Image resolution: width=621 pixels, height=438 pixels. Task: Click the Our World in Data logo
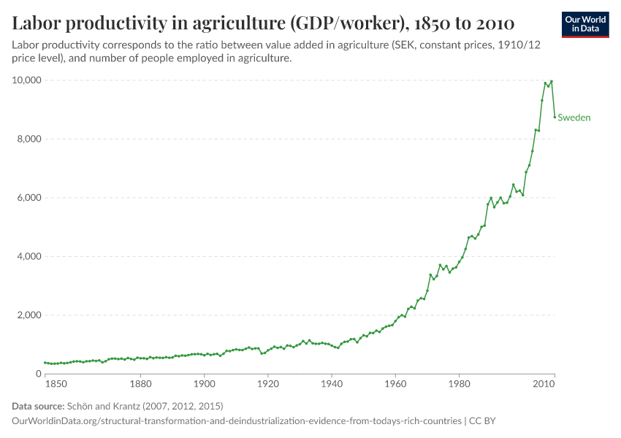point(585,24)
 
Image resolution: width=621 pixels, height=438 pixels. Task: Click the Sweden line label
point(574,118)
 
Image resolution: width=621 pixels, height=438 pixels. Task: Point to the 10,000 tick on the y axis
point(26,80)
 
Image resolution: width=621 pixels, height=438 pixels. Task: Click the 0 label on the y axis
point(39,374)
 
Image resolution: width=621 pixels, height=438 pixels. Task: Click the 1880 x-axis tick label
point(140,383)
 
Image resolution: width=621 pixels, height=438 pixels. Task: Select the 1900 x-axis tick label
point(204,383)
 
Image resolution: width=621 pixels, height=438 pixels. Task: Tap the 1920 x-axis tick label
point(268,383)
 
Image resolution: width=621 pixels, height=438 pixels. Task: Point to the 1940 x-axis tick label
point(332,383)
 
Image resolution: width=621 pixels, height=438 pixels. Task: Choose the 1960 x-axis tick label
point(395,383)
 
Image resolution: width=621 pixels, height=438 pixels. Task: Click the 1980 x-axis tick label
point(459,383)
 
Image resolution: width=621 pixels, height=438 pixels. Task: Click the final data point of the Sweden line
point(555,117)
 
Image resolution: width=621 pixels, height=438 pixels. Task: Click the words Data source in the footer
point(38,406)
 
